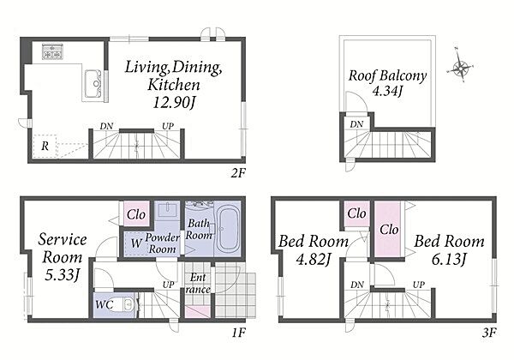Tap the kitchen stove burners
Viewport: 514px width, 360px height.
pos(52,51)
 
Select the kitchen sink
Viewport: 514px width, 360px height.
pos(94,84)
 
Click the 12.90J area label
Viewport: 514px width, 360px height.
pos(174,103)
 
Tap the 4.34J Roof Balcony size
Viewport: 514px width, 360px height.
pos(387,91)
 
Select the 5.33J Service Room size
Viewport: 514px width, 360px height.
pos(63,275)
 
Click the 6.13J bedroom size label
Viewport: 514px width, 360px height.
pos(449,260)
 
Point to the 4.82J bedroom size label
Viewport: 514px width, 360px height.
pos(313,260)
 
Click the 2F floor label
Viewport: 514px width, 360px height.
pos(238,173)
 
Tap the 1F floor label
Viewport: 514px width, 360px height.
pos(239,333)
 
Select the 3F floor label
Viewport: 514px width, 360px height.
pos(489,333)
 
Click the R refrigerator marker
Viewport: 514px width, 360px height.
pos(45,146)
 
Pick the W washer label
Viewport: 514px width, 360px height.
pos(136,243)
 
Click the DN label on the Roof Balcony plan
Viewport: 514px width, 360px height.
pos(356,124)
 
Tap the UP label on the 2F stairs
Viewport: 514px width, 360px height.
pos(168,126)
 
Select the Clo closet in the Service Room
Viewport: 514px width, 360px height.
pos(136,213)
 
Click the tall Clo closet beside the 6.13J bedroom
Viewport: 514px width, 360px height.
pos(388,229)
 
